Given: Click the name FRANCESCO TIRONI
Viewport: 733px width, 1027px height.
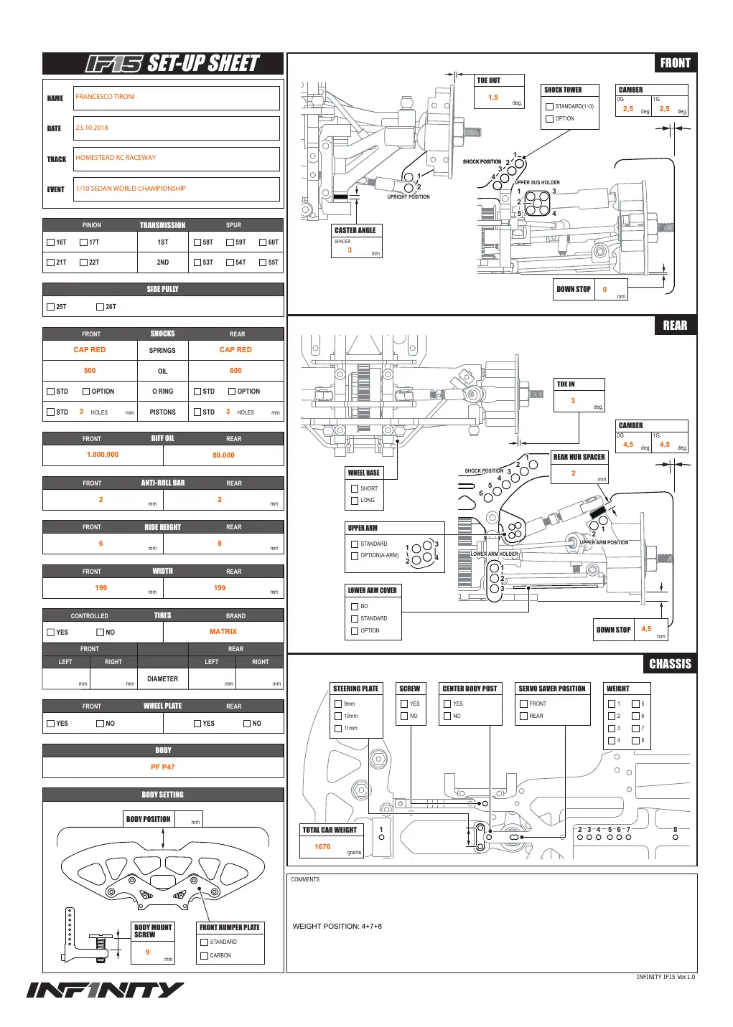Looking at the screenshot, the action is pyautogui.click(x=105, y=97).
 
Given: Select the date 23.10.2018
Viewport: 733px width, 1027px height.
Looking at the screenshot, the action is pyautogui.click(x=92, y=128).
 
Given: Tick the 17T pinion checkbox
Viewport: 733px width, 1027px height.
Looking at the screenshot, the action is pyautogui.click(x=83, y=242).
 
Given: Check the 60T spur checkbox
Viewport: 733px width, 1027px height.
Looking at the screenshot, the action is pyautogui.click(x=263, y=242).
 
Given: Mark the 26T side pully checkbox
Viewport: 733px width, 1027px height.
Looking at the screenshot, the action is pyautogui.click(x=100, y=307).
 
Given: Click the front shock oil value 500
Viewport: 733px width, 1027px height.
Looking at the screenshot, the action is pyautogui.click(x=90, y=371).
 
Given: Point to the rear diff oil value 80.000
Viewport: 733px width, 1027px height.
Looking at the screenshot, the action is pyautogui.click(x=223, y=455).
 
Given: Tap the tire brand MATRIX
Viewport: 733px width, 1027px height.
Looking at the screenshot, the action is pyautogui.click(x=223, y=631).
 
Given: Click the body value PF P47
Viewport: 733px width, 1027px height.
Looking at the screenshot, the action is pyautogui.click(x=162, y=767).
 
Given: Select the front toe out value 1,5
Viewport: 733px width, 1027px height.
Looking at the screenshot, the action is pyautogui.click(x=493, y=98).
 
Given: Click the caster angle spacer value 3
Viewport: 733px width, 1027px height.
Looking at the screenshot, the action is pyautogui.click(x=350, y=250).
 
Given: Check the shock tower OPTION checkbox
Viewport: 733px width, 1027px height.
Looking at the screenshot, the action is pyautogui.click(x=549, y=119).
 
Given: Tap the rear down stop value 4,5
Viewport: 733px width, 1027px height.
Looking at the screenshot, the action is pyautogui.click(x=646, y=628).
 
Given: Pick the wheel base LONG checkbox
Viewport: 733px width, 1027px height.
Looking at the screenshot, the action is pyautogui.click(x=355, y=501).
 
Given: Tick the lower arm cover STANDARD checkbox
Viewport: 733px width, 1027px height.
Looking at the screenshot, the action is pyautogui.click(x=355, y=618).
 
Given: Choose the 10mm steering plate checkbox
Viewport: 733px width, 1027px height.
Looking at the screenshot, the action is pyautogui.click(x=338, y=716).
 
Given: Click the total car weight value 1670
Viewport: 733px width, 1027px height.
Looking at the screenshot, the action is pyautogui.click(x=322, y=846).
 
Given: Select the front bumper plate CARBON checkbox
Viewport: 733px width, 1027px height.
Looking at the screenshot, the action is pyautogui.click(x=204, y=956).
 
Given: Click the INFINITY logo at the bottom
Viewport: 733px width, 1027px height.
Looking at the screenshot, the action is pyautogui.click(x=105, y=990).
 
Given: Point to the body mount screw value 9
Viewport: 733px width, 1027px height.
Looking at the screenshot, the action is pyautogui.click(x=147, y=952).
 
